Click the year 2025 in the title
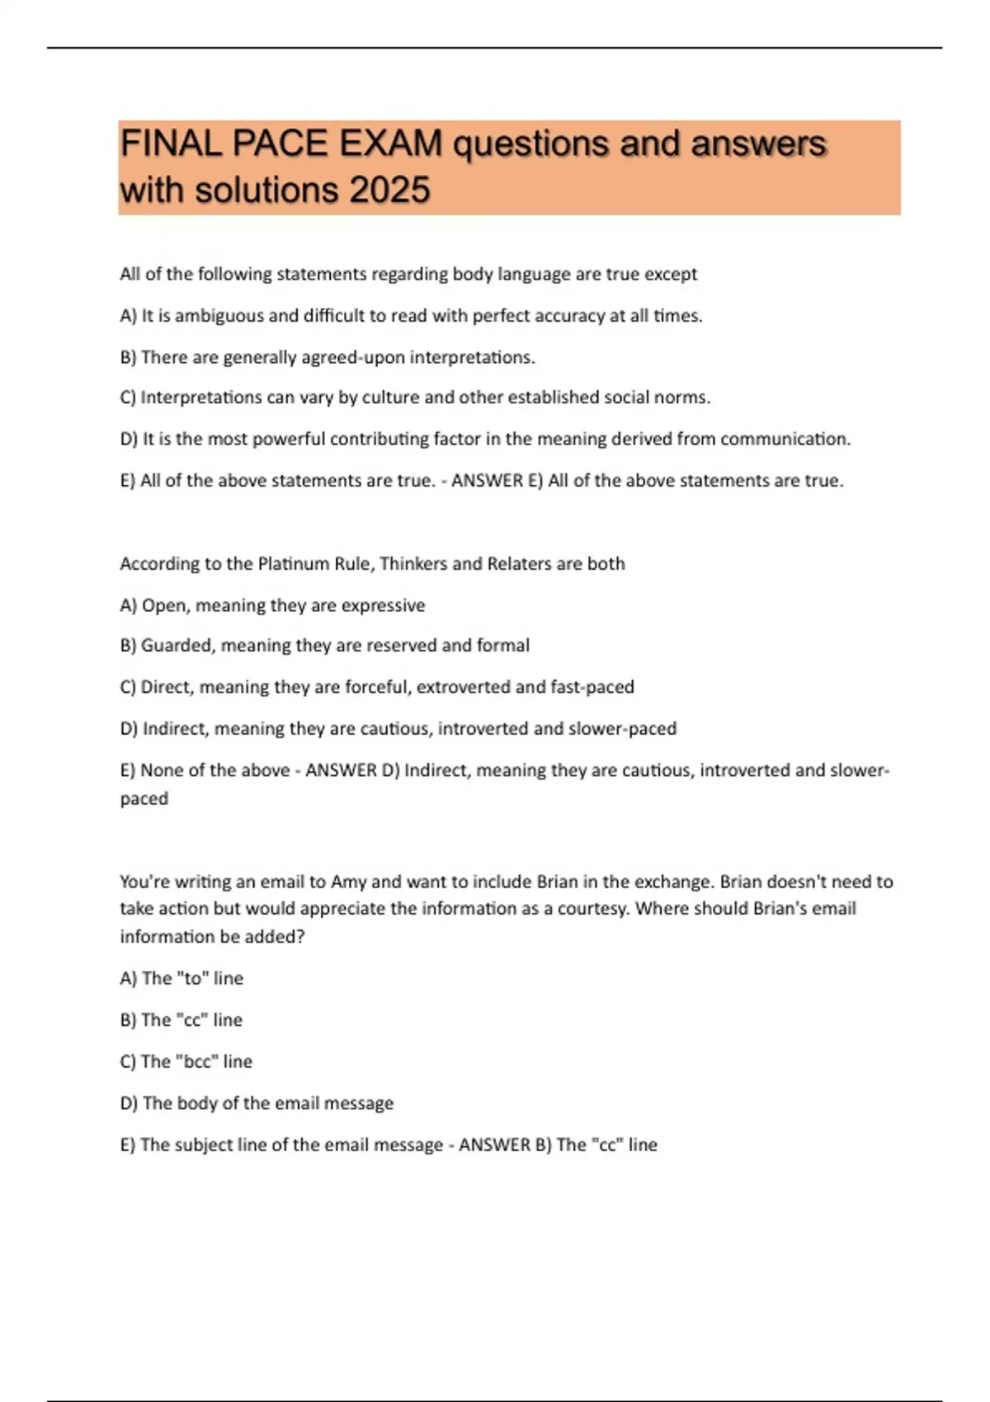point(389,191)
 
